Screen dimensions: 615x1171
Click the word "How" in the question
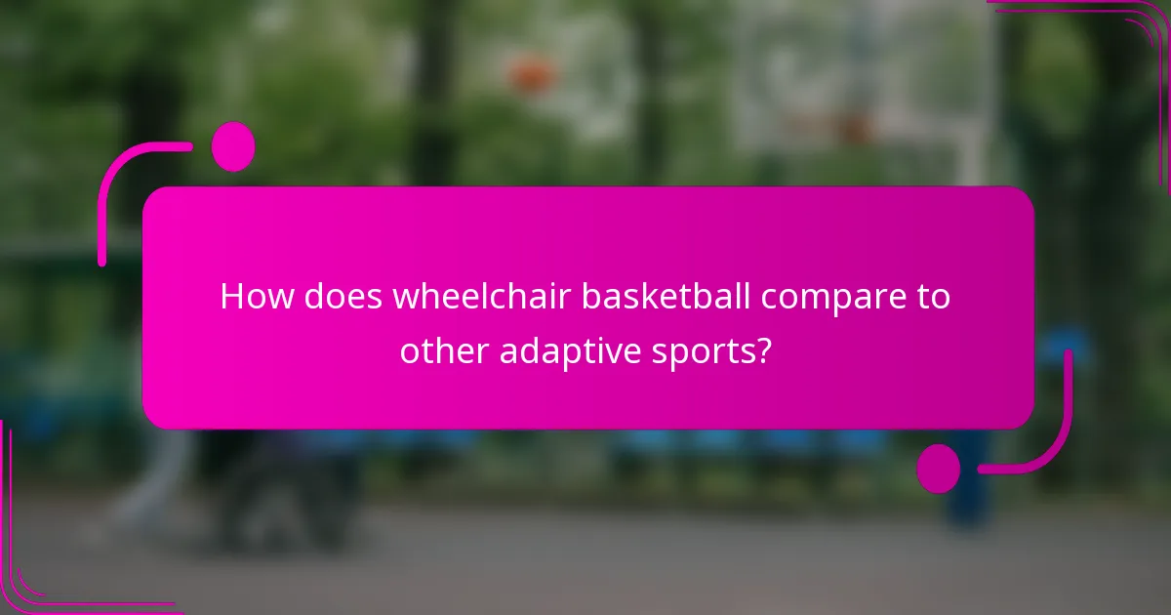[256, 296]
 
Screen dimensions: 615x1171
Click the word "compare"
[836, 298]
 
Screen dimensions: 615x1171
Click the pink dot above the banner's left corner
[232, 146]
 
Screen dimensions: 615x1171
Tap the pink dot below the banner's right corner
[939, 469]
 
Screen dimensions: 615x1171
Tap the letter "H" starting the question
[231, 296]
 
